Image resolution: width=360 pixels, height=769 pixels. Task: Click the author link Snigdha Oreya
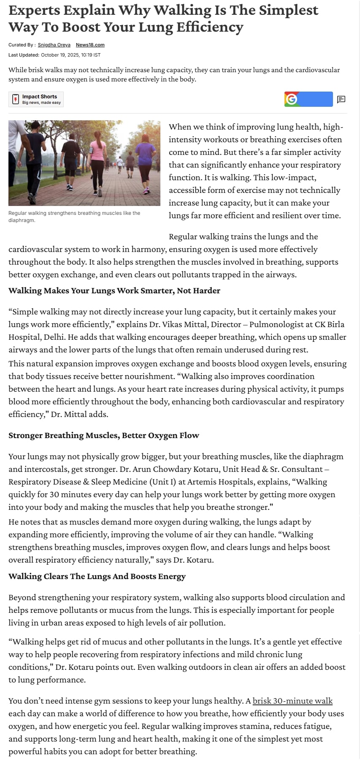pyautogui.click(x=54, y=45)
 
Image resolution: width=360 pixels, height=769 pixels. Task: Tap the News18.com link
pyautogui.click(x=90, y=45)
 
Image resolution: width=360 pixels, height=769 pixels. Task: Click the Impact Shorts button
pyautogui.click(x=36, y=99)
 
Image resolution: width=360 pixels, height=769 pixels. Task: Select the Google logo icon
pyautogui.click(x=291, y=99)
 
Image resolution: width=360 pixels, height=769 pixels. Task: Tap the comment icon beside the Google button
pyautogui.click(x=341, y=100)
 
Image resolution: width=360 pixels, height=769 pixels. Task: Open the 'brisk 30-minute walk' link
pyautogui.click(x=292, y=701)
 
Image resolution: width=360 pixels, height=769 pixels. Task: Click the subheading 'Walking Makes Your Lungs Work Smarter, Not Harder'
pyautogui.click(x=114, y=290)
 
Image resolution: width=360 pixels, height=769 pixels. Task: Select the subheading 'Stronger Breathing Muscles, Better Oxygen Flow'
pyautogui.click(x=104, y=435)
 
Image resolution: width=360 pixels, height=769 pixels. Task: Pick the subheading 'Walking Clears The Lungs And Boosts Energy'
pyautogui.click(x=97, y=576)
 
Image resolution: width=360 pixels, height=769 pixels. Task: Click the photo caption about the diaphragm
pyautogui.click(x=74, y=217)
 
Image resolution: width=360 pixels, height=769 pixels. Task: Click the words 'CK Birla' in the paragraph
pyautogui.click(x=330, y=324)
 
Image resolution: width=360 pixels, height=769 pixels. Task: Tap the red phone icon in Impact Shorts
pyautogui.click(x=16, y=99)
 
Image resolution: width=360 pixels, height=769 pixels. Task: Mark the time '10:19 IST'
pyautogui.click(x=91, y=55)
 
